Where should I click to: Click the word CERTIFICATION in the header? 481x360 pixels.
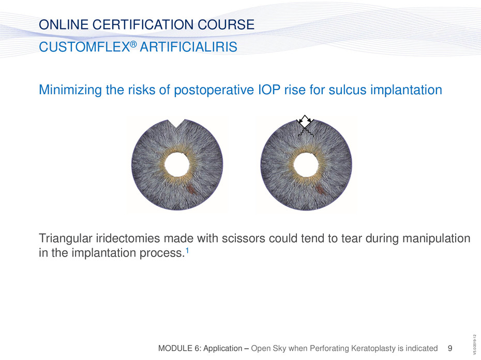143,24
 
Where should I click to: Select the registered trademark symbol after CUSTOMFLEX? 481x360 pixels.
133,44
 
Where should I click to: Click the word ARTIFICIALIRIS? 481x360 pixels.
188,47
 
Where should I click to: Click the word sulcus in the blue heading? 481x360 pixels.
348,89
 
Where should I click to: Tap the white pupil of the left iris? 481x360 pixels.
177,164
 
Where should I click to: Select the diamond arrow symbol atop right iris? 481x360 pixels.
304,122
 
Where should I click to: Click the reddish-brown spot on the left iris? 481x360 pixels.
191,189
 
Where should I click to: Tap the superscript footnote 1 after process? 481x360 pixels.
187,251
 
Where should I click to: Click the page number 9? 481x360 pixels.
450,348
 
